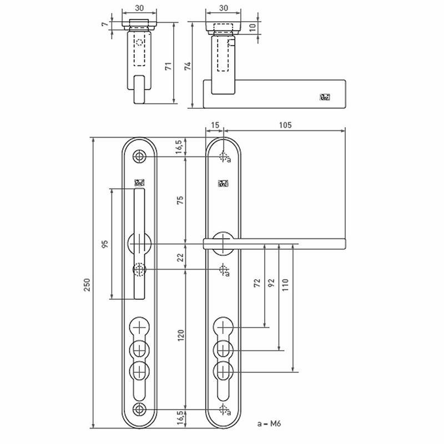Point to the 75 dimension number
pos(180,201)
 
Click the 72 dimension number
pos(257,283)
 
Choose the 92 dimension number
pos(271,283)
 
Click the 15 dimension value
pos(214,125)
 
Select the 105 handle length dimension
pos(285,125)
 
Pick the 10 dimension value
pos(253,27)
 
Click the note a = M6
pos(269,423)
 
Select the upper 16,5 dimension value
pos(180,147)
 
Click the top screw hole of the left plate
pos(139,157)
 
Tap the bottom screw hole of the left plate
pos(139,410)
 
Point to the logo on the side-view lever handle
pos(325,97)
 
